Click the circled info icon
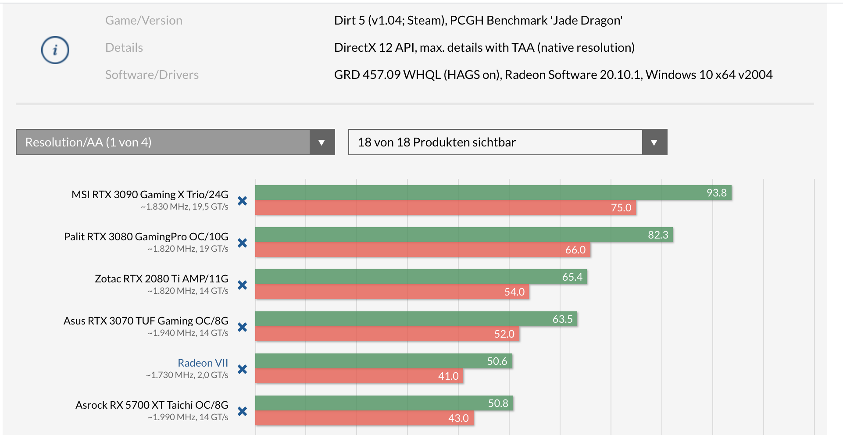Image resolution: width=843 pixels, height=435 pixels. pyautogui.click(x=55, y=50)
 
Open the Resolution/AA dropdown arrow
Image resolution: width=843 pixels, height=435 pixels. pyautogui.click(x=321, y=142)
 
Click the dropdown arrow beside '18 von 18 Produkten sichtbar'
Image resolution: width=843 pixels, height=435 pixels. pyautogui.click(x=654, y=142)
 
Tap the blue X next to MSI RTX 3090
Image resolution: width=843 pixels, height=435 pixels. pyautogui.click(x=242, y=201)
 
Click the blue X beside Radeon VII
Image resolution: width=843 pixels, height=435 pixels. pyautogui.click(x=242, y=369)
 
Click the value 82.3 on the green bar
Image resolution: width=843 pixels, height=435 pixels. pyautogui.click(x=658, y=235)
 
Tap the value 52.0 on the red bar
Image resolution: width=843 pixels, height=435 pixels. pyautogui.click(x=504, y=334)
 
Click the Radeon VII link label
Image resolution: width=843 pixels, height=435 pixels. pyautogui.click(x=203, y=363)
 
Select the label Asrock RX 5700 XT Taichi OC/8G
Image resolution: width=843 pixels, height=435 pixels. pyautogui.click(x=152, y=405)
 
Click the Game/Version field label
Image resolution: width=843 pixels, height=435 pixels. pyautogui.click(x=143, y=21)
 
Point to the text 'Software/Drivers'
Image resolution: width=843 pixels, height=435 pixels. pyautogui.click(x=152, y=75)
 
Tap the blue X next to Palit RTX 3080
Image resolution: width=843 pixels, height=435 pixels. pyautogui.click(x=242, y=243)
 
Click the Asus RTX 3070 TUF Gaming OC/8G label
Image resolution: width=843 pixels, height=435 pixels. pyautogui.click(x=146, y=321)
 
